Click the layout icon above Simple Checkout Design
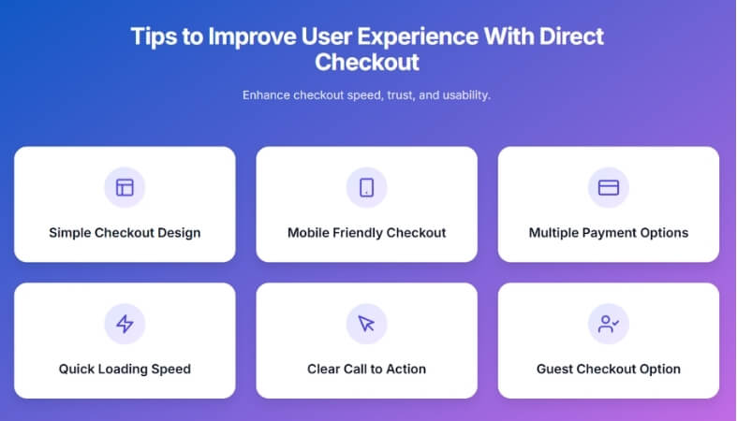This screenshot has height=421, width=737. (125, 187)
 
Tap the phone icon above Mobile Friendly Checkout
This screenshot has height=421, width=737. (366, 187)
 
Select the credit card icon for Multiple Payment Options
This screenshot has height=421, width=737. (608, 187)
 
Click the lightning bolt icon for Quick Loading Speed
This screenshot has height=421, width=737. (125, 324)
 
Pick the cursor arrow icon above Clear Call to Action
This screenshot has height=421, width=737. (366, 324)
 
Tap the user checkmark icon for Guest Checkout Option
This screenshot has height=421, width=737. (608, 324)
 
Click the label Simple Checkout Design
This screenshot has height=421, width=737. (125, 232)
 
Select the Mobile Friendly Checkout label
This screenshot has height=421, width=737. (366, 232)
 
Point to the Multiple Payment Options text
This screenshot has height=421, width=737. (608, 232)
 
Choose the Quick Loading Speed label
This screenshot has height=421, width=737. (125, 369)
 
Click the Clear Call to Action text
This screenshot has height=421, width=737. (366, 369)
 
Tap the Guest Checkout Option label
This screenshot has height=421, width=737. (608, 369)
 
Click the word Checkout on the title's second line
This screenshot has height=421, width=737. (366, 63)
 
